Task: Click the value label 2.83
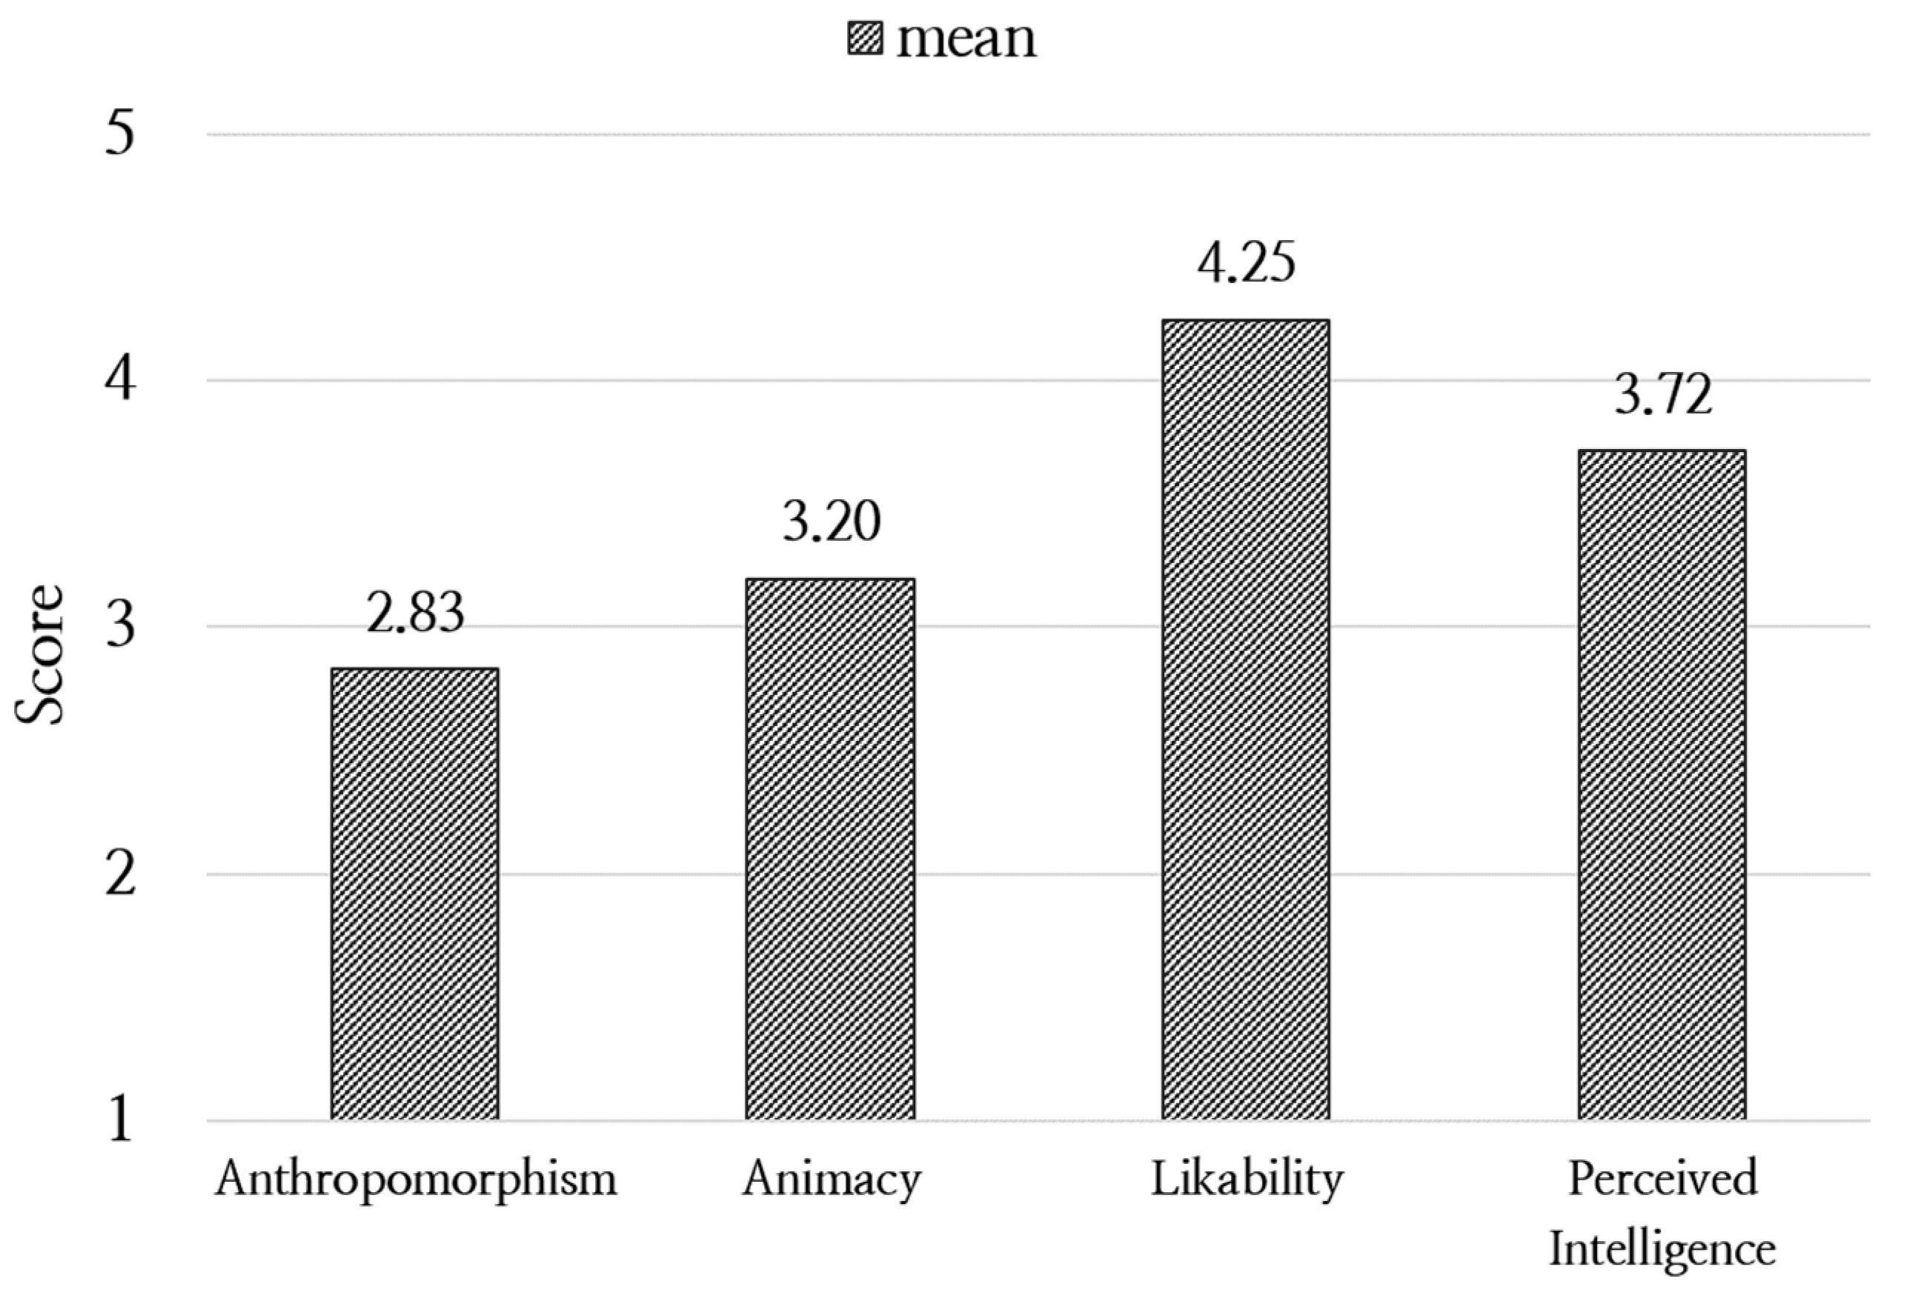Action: (415, 613)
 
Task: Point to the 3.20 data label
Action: (831, 522)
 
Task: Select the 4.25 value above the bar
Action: (1246, 262)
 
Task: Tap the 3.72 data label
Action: (1663, 394)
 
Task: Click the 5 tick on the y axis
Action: (120, 133)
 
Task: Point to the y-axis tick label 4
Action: (120, 380)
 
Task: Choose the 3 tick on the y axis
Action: (120, 627)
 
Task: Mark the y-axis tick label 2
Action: (120, 874)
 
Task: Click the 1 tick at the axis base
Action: (120, 1120)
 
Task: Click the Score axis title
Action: (39, 654)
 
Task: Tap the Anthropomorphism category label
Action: (416, 1180)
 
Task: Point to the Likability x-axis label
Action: (1247, 1180)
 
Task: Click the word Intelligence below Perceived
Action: (1662, 1249)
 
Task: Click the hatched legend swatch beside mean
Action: (865, 39)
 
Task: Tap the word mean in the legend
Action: (966, 39)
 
